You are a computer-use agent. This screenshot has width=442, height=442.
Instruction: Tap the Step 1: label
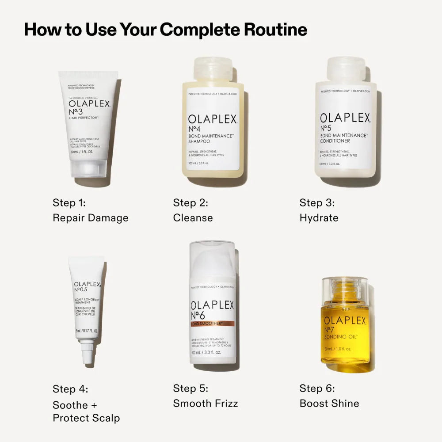[x=69, y=203]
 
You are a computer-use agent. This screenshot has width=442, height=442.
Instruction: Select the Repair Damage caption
[x=91, y=218]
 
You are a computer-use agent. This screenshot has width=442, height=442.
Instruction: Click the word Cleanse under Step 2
[x=193, y=218]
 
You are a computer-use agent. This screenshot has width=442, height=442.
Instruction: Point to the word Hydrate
[x=319, y=218]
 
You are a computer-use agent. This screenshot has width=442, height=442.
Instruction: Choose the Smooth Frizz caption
[x=206, y=403]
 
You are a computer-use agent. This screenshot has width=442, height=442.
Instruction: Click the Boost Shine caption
[x=329, y=403]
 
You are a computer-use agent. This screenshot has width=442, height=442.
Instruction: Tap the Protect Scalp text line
[x=86, y=418]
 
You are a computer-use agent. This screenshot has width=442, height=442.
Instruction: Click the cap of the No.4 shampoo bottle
[x=213, y=69]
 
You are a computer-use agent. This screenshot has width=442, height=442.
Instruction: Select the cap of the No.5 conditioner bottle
[x=346, y=69]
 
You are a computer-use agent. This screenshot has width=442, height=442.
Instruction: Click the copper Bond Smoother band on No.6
[x=213, y=324]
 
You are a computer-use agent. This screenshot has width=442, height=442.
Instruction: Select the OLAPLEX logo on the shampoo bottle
[x=213, y=119]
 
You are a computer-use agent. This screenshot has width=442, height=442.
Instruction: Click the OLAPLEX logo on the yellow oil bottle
[x=345, y=320]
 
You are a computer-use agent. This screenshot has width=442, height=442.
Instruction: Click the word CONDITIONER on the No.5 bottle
[x=335, y=141]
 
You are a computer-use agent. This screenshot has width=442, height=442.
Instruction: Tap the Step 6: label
[x=317, y=389]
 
